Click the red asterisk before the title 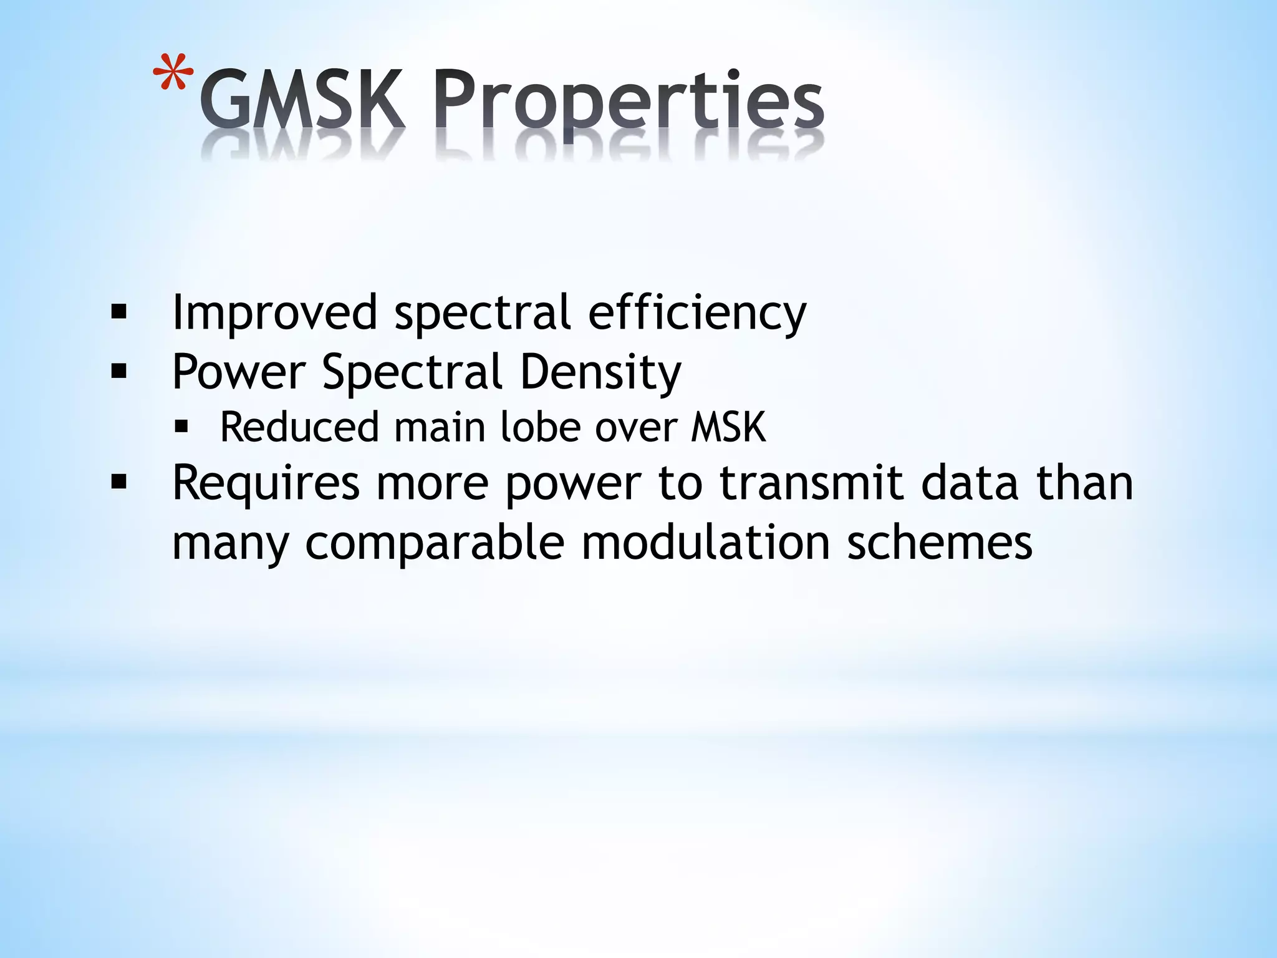coord(173,74)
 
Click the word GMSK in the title coord(302,100)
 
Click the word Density coord(600,372)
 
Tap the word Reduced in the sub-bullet coord(299,428)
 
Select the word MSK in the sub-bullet coord(728,428)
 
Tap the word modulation coord(705,543)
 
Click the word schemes coord(939,543)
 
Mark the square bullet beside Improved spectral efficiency coord(118,312)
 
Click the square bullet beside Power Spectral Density coord(118,372)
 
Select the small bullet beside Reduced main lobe coord(181,427)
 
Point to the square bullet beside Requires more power coord(118,482)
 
